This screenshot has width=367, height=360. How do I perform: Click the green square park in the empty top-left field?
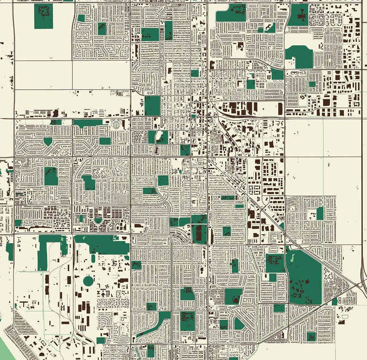click(x=43, y=16)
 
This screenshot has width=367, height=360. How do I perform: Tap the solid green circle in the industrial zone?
click(x=88, y=281)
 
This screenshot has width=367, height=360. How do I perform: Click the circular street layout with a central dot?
click(x=115, y=124)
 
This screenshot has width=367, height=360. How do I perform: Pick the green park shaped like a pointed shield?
click(x=48, y=141)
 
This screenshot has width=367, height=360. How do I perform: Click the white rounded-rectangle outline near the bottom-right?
click(x=344, y=317)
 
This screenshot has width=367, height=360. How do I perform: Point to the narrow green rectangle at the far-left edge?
click(x=10, y=251)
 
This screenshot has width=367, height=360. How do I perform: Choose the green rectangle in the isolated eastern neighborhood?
click(x=320, y=213)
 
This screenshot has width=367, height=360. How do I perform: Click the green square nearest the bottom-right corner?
click(x=311, y=336)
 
